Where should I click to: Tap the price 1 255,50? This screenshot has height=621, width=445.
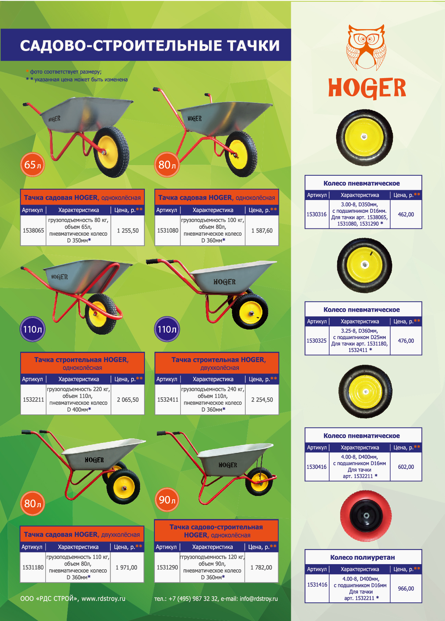(128, 231)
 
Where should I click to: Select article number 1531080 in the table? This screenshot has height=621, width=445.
(168, 231)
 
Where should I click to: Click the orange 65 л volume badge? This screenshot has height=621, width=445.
(33, 165)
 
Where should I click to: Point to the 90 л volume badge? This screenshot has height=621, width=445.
(167, 500)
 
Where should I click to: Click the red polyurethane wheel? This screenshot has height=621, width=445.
(366, 516)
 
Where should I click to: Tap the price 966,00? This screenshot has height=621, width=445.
(406, 588)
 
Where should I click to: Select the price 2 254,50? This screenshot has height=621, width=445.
(262, 400)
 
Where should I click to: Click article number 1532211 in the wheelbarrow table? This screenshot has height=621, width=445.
(33, 400)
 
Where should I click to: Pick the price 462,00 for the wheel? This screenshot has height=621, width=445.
(406, 214)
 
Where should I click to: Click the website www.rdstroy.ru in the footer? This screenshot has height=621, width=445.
(103, 598)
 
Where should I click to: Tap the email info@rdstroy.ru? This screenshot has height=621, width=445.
(259, 598)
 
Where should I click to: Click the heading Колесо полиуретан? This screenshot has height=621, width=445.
(362, 557)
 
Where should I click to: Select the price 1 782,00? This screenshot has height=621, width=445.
(261, 568)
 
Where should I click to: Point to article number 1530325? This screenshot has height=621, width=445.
(317, 341)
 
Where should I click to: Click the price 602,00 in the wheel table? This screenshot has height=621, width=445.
(406, 467)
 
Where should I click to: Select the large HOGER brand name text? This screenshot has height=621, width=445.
(367, 88)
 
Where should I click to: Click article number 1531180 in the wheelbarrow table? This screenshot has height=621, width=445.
(33, 568)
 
